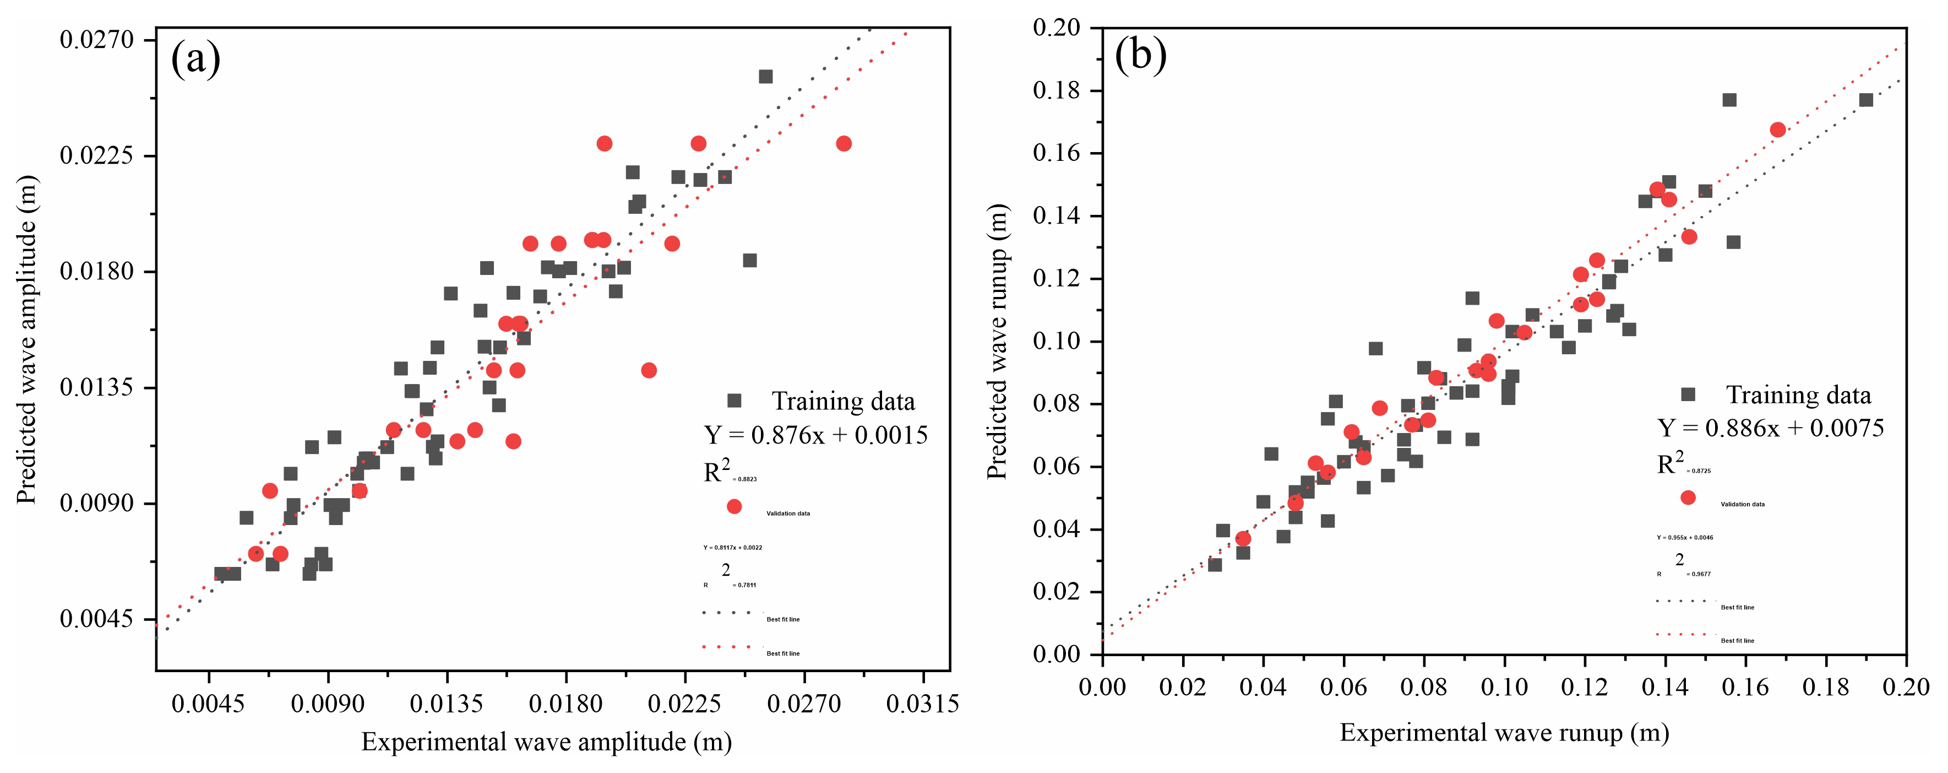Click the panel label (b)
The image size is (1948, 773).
pos(1140,55)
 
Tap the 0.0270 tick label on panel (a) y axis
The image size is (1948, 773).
pos(97,39)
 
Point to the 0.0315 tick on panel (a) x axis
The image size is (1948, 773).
pos(923,704)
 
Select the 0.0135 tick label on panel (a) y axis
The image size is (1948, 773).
pos(97,387)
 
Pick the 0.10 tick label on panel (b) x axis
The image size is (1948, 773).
pos(1504,687)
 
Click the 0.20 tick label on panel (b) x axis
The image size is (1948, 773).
pos(1906,687)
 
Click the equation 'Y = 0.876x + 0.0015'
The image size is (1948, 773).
pos(815,435)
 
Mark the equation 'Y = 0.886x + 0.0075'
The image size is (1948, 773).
pos(1770,428)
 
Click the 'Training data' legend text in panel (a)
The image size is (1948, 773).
pos(842,401)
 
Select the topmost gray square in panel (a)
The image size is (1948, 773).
pos(765,77)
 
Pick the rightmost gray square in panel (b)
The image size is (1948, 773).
pos(1865,100)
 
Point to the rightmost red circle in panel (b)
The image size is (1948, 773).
pos(1778,130)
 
